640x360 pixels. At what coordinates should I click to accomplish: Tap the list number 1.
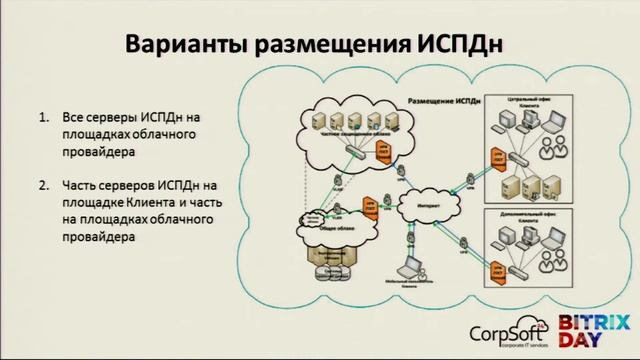(44, 117)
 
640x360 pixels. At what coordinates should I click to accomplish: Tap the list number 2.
(44, 186)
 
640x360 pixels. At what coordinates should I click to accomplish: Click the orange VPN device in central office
(495, 157)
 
